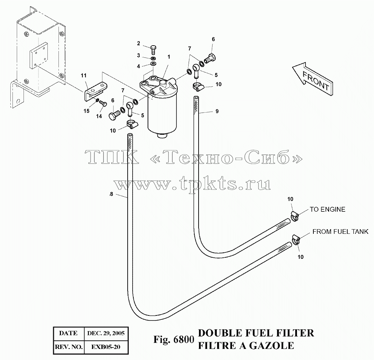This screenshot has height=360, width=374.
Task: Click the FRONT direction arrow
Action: (x=312, y=79)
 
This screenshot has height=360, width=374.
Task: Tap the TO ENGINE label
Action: (x=328, y=209)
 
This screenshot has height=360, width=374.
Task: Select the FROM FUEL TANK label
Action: (x=340, y=231)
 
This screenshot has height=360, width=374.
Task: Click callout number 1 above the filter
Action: (x=169, y=57)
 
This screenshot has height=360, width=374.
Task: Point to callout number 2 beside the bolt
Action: (x=139, y=43)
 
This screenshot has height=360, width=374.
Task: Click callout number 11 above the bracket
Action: (x=83, y=76)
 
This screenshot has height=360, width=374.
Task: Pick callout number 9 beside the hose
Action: (x=217, y=111)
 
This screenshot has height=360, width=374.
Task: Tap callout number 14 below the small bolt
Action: (x=99, y=116)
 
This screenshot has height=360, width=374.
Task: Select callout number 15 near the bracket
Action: (x=86, y=111)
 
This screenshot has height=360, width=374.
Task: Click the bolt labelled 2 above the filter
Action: (x=153, y=50)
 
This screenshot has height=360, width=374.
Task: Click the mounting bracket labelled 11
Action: (x=95, y=91)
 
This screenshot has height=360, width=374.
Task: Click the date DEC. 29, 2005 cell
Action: (x=106, y=333)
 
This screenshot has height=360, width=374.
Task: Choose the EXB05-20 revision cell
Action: (x=106, y=347)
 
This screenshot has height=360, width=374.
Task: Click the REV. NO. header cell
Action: (x=69, y=347)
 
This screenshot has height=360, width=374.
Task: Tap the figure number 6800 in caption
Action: (x=184, y=339)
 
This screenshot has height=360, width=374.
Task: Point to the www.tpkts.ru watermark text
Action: (x=192, y=184)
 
